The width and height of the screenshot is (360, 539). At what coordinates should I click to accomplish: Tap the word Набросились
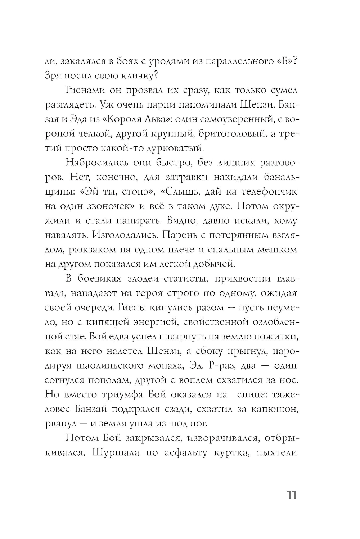(95, 163)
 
